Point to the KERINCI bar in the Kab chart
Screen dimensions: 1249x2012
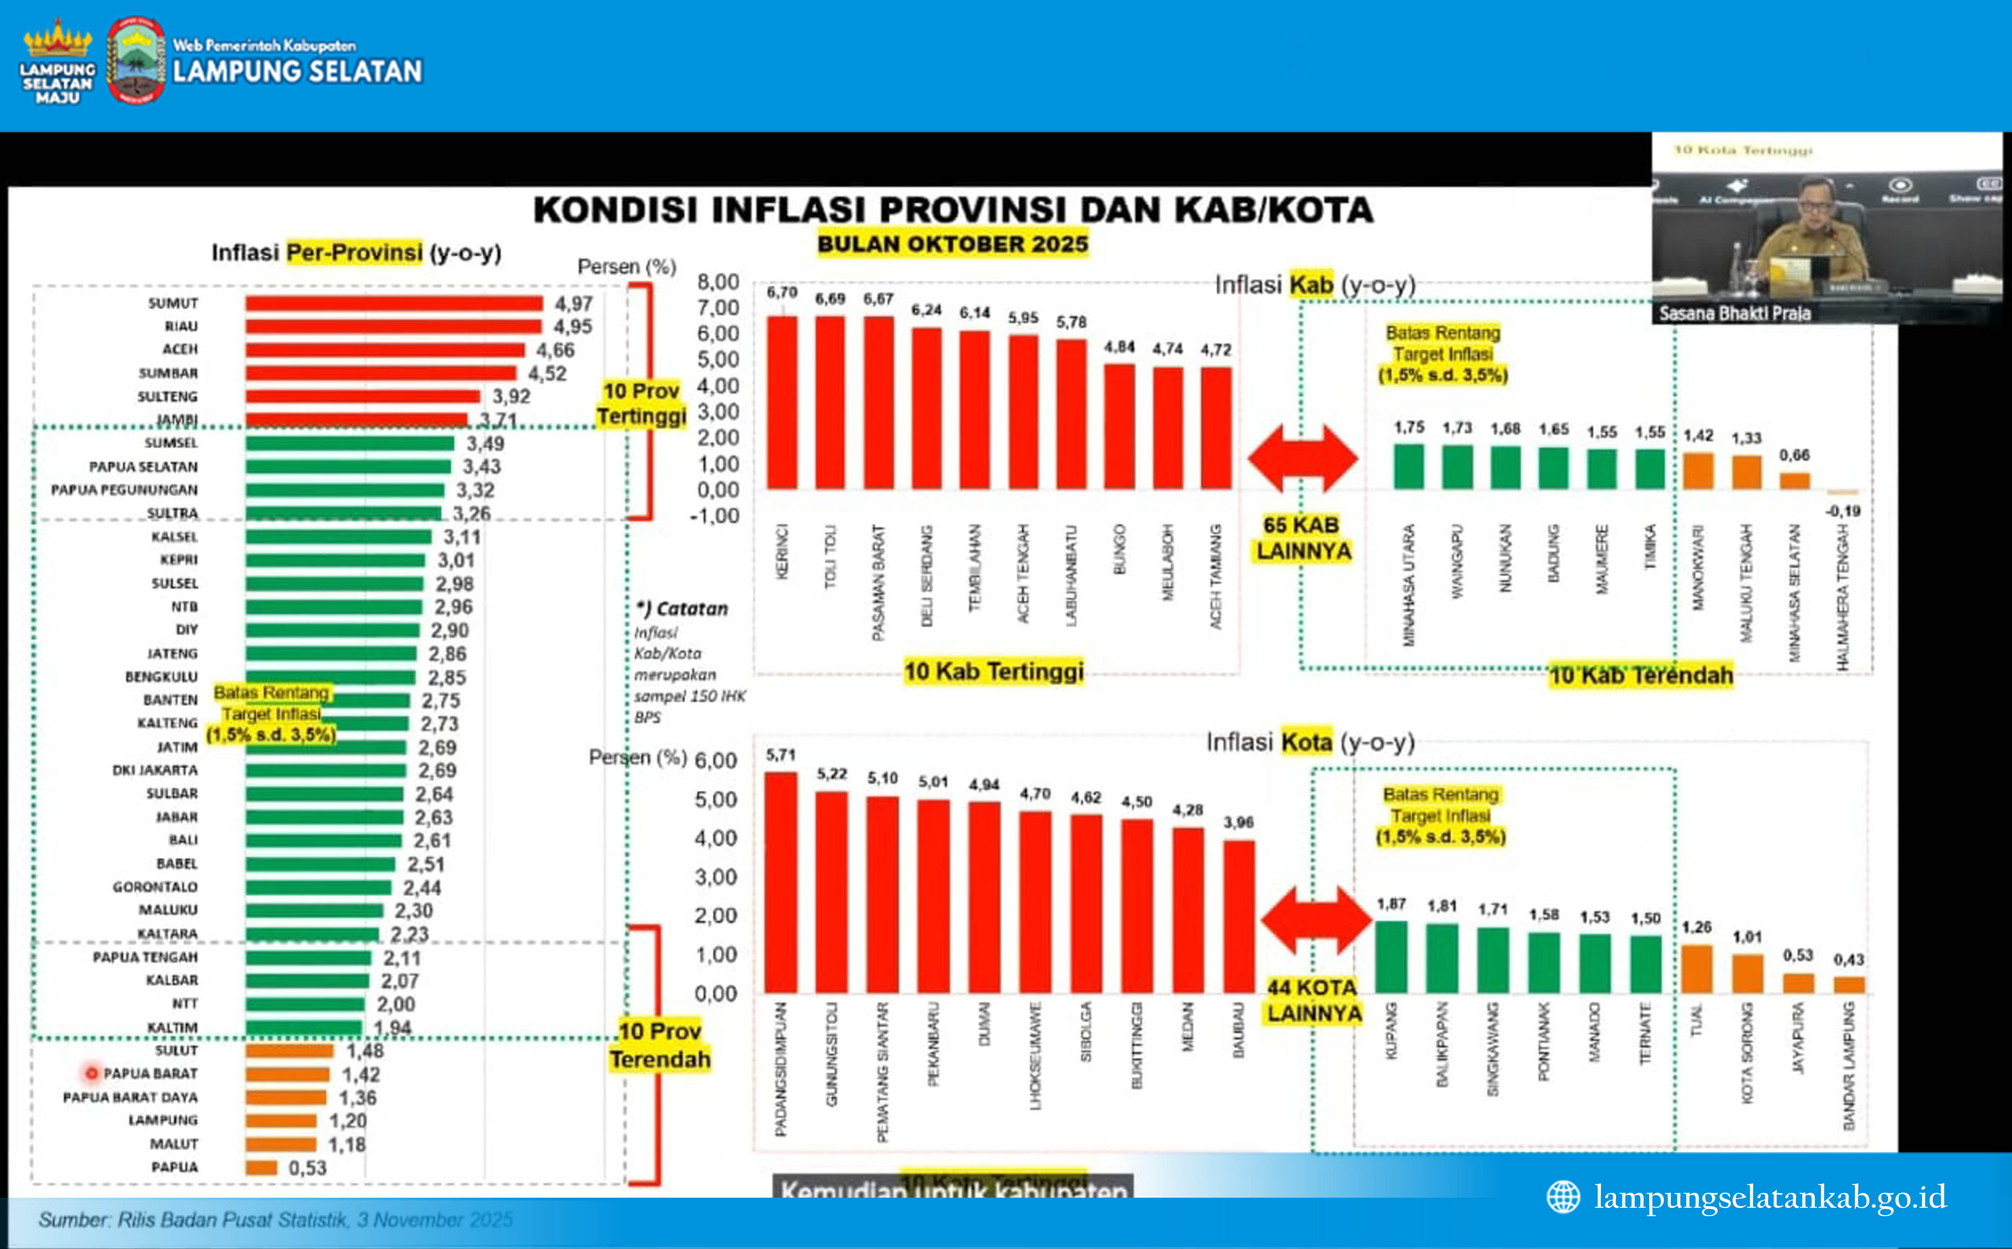pos(782,402)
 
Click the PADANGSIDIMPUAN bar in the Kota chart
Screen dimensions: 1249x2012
pos(781,882)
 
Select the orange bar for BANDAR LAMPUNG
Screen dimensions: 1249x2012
pos(1849,985)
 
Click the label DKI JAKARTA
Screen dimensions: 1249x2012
pos(155,770)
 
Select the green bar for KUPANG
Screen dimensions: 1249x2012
pos(1391,957)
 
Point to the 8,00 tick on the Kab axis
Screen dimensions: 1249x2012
pos(718,283)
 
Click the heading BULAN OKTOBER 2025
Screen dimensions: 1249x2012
pos(952,244)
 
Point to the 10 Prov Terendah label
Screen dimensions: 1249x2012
pos(660,1045)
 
